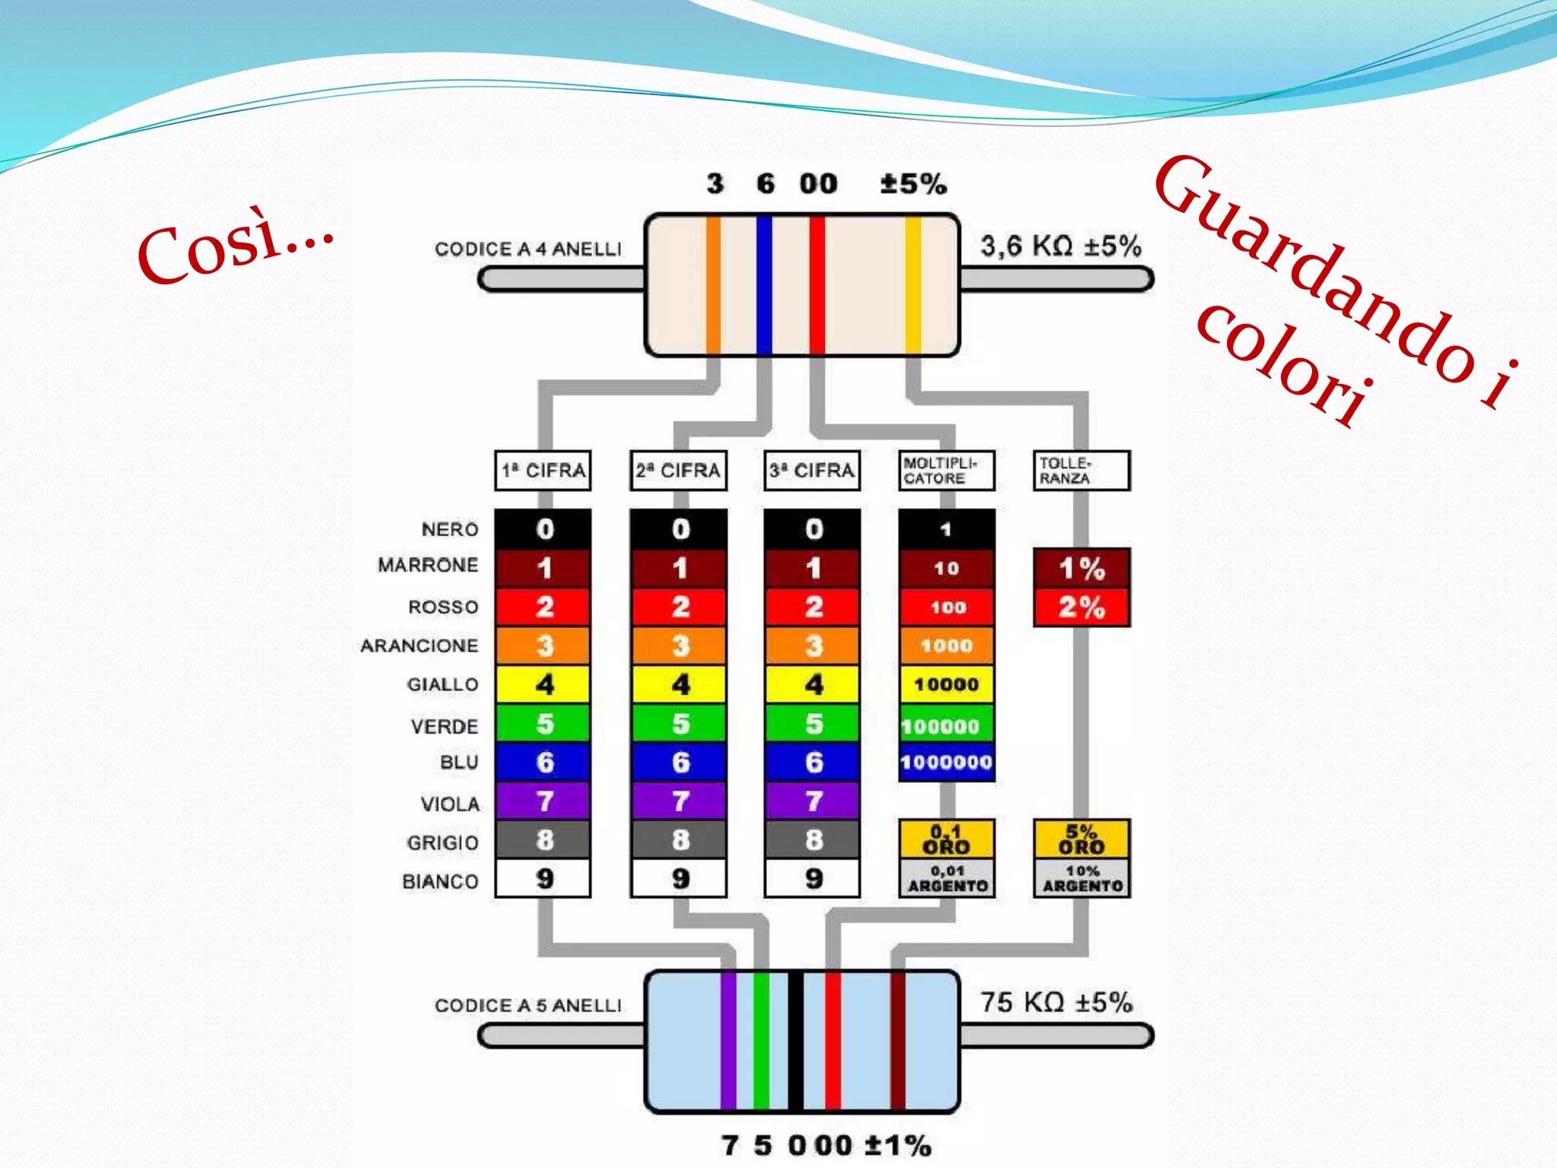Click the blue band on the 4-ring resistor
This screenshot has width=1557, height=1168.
click(x=764, y=285)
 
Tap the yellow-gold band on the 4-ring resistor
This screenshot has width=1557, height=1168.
click(x=913, y=285)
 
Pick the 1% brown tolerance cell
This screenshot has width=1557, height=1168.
click(x=1081, y=568)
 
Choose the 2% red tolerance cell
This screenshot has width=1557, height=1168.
click(x=1081, y=607)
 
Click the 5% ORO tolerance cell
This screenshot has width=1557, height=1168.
click(x=1081, y=839)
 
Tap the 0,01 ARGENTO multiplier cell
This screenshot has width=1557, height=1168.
click(x=947, y=878)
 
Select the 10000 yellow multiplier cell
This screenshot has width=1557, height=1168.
click(x=947, y=684)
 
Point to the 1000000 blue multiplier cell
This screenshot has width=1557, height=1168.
click(x=947, y=762)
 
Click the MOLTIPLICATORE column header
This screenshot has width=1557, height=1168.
click(x=947, y=471)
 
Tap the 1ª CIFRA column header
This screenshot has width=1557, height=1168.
click(x=543, y=471)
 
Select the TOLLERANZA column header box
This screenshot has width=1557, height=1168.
click(x=1081, y=471)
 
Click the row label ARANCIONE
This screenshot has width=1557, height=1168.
click(x=420, y=646)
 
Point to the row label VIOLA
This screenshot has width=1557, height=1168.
click(x=450, y=804)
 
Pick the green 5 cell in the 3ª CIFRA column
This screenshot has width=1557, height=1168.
click(x=813, y=723)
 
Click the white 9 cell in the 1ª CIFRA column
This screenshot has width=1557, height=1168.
click(x=543, y=878)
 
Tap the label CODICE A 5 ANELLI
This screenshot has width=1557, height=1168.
click(x=528, y=1005)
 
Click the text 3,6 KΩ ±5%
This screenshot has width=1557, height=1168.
click(x=1061, y=246)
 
